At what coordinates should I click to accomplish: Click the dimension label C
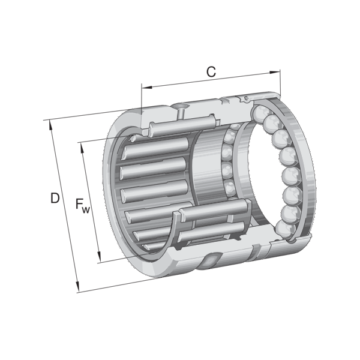pos(211,71)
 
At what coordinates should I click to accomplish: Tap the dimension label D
pos(55,198)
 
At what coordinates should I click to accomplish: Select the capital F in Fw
pos(79,204)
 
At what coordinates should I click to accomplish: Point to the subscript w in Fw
pos(86,209)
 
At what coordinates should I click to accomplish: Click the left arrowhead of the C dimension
pos(147,88)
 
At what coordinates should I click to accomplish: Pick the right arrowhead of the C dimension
pos(275,73)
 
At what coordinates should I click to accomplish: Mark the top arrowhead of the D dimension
pos(50,125)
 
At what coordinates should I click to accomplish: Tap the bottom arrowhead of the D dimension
pos(77,287)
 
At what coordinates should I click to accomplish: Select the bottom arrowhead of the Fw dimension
pos(99,257)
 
